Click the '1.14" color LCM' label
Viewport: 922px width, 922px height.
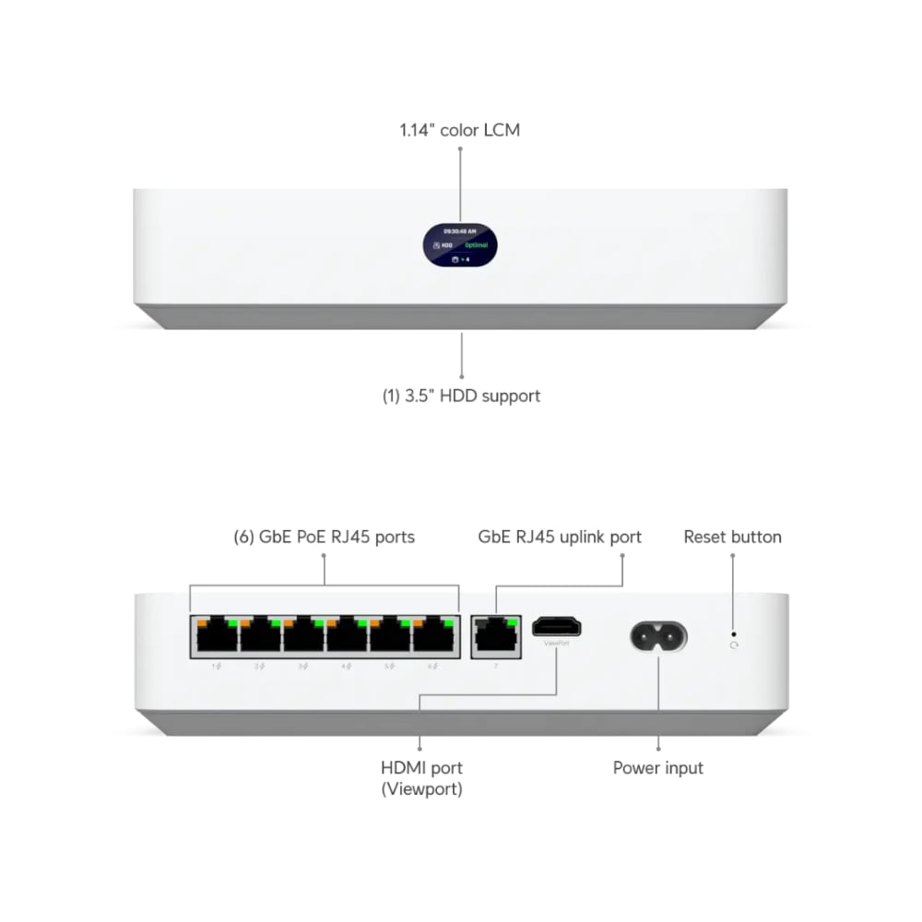coord(459,130)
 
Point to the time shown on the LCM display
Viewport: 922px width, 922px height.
coord(460,230)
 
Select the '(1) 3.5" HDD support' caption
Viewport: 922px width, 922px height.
coord(461,396)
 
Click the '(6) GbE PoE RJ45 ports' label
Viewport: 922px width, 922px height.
coord(324,538)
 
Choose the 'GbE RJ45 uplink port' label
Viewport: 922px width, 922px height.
coord(560,538)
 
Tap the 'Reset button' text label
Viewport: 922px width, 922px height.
coord(732,538)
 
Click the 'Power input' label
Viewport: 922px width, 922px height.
coord(658,768)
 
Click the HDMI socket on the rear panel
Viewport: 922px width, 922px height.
coord(557,627)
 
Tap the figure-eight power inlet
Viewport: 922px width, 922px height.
coord(658,635)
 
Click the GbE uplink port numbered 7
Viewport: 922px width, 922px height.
coord(495,635)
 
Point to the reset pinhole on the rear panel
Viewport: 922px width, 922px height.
coord(734,633)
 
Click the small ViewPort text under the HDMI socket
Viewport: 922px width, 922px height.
coord(557,644)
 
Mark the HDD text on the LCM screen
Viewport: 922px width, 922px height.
coord(446,246)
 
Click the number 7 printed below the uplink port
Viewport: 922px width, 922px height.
coord(495,665)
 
